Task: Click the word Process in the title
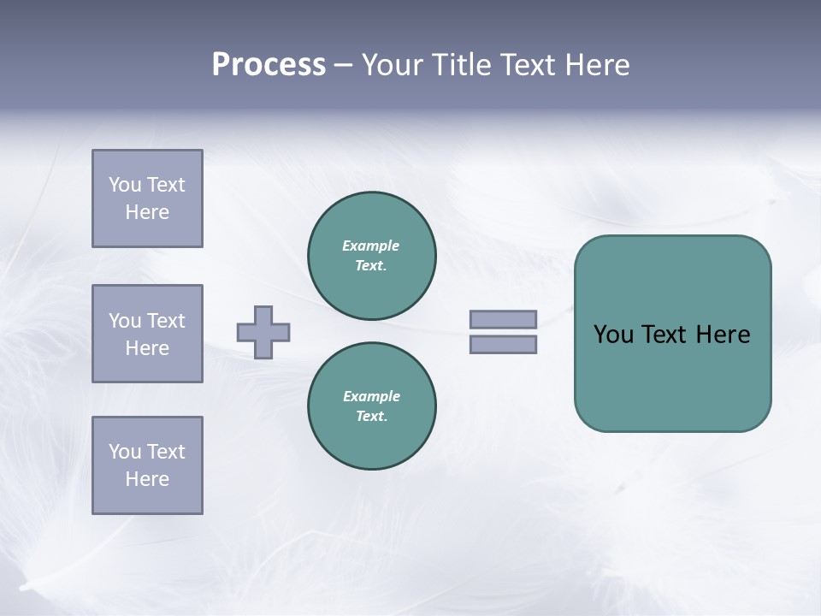click(x=269, y=65)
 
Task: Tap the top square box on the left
click(x=147, y=198)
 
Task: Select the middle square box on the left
click(x=147, y=334)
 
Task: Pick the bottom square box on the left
click(x=147, y=465)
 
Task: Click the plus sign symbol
click(x=263, y=332)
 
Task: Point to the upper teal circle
click(x=371, y=256)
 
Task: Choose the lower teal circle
click(x=371, y=406)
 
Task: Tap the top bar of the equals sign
click(x=503, y=320)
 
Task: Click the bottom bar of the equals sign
click(x=503, y=345)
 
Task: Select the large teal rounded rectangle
click(x=672, y=376)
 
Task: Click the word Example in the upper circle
click(x=370, y=246)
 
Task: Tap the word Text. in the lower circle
click(x=371, y=417)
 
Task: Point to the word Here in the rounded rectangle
click(x=723, y=335)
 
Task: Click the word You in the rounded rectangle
click(x=613, y=335)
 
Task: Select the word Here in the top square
click(x=147, y=212)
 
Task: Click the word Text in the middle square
click(x=165, y=321)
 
